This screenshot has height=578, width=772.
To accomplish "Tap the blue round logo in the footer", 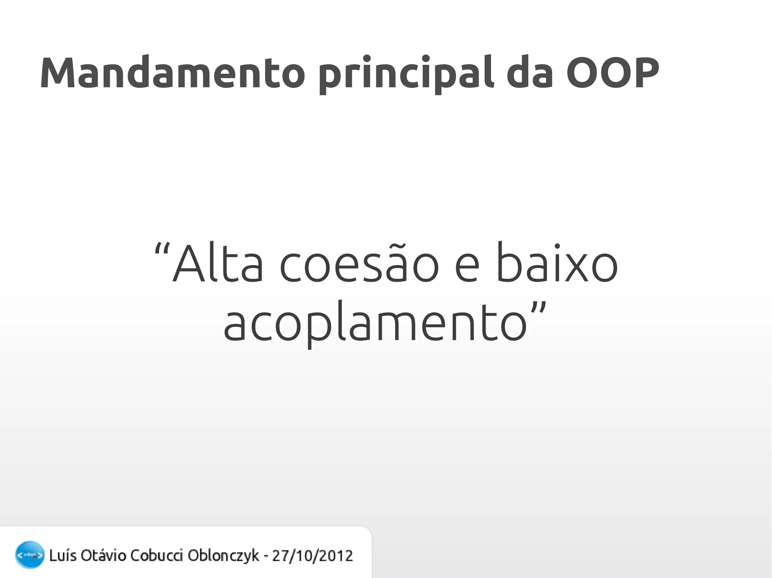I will [x=29, y=555].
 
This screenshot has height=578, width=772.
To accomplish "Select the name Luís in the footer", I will [x=63, y=555].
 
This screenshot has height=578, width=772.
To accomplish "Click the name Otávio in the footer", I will [x=103, y=555].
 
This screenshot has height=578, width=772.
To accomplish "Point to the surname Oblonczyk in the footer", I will [x=223, y=555].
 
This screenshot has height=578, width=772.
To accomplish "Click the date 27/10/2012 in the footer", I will [x=312, y=555].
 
